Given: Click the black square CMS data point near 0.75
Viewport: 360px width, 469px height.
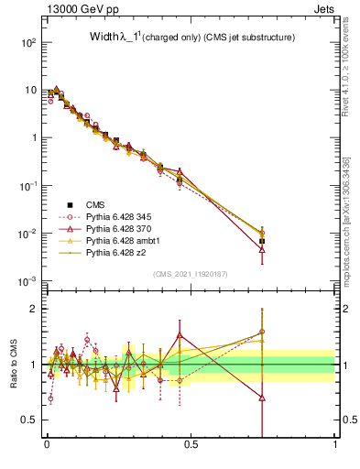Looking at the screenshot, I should [x=263, y=241].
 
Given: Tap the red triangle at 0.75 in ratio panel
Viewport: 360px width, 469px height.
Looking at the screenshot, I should [x=263, y=398].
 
